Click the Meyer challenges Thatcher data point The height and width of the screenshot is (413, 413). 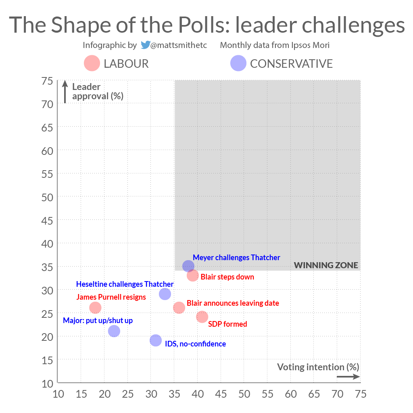click(x=188, y=266)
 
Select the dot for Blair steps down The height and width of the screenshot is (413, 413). click(x=193, y=275)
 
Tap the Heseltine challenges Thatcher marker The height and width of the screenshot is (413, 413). click(x=165, y=294)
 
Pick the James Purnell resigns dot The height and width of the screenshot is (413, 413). click(x=95, y=308)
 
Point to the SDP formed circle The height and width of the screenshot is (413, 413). click(x=202, y=317)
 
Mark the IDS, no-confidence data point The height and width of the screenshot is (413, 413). click(x=156, y=340)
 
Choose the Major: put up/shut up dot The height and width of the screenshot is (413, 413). click(x=114, y=331)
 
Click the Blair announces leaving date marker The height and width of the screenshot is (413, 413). click(x=179, y=308)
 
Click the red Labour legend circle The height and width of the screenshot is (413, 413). click(x=92, y=63)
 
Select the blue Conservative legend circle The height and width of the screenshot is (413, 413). click(x=238, y=63)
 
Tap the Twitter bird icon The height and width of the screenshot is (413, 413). click(x=145, y=45)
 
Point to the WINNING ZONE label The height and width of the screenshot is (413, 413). click(x=326, y=265)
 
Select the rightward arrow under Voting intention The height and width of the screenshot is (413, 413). click(x=348, y=377)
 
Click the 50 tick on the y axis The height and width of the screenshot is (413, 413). click(x=48, y=197)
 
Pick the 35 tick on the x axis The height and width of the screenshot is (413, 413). click(x=174, y=394)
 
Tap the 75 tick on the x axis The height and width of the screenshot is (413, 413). click(x=360, y=394)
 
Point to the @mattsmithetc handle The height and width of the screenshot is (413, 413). click(x=179, y=45)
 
